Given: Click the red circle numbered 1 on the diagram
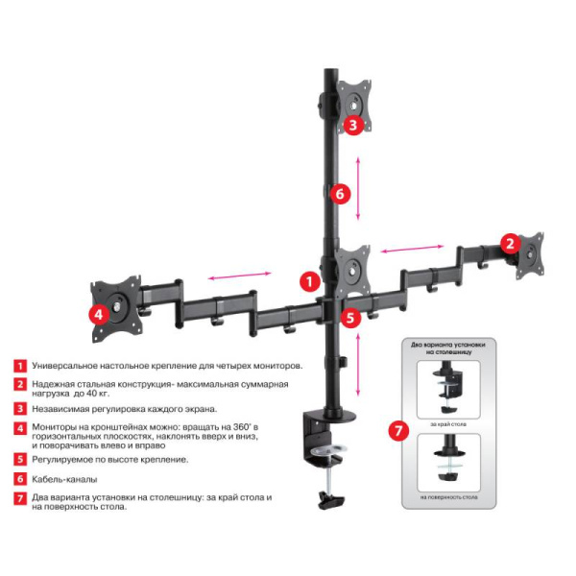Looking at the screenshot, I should (x=308, y=281).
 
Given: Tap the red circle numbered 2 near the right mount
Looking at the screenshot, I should (x=511, y=243).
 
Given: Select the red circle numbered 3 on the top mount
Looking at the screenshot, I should (x=352, y=124).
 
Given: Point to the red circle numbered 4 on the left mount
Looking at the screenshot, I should (x=98, y=314).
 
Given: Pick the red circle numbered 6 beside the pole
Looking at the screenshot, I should (x=337, y=193).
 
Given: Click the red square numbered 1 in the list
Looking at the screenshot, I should (x=19, y=366).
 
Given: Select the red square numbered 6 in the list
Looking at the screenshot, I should (x=19, y=478).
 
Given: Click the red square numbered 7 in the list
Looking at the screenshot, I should (x=19, y=498).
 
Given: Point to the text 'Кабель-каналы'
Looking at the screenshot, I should (x=64, y=478).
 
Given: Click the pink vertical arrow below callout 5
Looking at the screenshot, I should (x=358, y=364).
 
